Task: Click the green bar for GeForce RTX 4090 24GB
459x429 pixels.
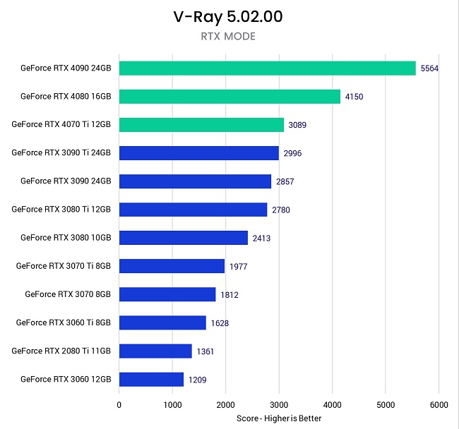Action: (267, 68)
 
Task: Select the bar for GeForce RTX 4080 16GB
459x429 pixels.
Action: (229, 97)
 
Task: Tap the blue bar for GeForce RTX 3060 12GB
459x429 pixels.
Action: (151, 380)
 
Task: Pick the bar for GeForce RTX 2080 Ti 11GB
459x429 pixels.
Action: (155, 351)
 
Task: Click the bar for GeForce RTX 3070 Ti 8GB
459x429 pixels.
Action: (172, 266)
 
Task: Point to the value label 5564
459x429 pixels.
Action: (429, 68)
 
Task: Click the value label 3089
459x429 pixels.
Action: (297, 125)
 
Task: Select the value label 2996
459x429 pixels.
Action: (292, 153)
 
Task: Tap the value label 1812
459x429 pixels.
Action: (229, 295)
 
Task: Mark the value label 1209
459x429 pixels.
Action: (198, 380)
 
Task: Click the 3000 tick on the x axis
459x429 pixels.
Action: (279, 405)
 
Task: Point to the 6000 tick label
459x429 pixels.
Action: (439, 405)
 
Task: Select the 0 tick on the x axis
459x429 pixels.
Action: (119, 405)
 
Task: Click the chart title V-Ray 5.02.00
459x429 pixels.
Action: (228, 17)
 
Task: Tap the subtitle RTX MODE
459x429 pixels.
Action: (228, 37)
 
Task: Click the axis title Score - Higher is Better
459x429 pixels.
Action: (279, 418)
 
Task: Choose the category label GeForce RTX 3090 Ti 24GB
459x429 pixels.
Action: (61, 152)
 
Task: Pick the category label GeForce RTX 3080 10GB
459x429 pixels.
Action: (66, 238)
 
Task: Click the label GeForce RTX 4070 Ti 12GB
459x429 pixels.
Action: (61, 124)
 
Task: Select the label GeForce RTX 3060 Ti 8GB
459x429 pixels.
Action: (64, 322)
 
